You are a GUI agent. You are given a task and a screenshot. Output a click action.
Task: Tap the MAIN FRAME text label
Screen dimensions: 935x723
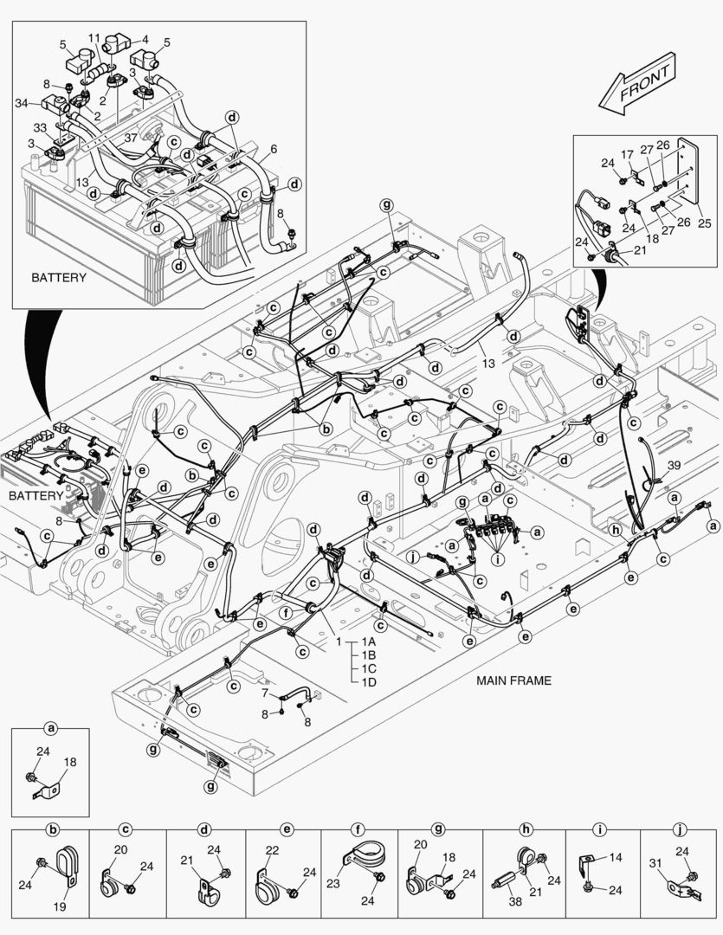point(513,680)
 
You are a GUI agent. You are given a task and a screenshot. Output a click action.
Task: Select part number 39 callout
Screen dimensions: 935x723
point(674,466)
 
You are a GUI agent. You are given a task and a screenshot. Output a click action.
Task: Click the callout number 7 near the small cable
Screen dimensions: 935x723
point(265,693)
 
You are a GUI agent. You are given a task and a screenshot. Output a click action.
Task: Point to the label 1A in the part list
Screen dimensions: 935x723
point(369,642)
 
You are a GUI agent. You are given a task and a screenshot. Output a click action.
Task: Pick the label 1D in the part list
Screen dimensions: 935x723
point(369,681)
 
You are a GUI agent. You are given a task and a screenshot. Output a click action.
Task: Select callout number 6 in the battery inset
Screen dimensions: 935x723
point(274,149)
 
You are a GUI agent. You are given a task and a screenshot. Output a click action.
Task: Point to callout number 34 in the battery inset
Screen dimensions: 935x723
point(23,103)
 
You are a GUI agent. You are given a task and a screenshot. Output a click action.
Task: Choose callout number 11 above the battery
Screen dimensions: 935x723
point(94,38)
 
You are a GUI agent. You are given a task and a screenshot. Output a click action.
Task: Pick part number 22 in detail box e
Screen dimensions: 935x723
point(271,851)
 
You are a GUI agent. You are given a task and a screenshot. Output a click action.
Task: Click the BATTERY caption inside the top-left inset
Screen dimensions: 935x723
point(59,278)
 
